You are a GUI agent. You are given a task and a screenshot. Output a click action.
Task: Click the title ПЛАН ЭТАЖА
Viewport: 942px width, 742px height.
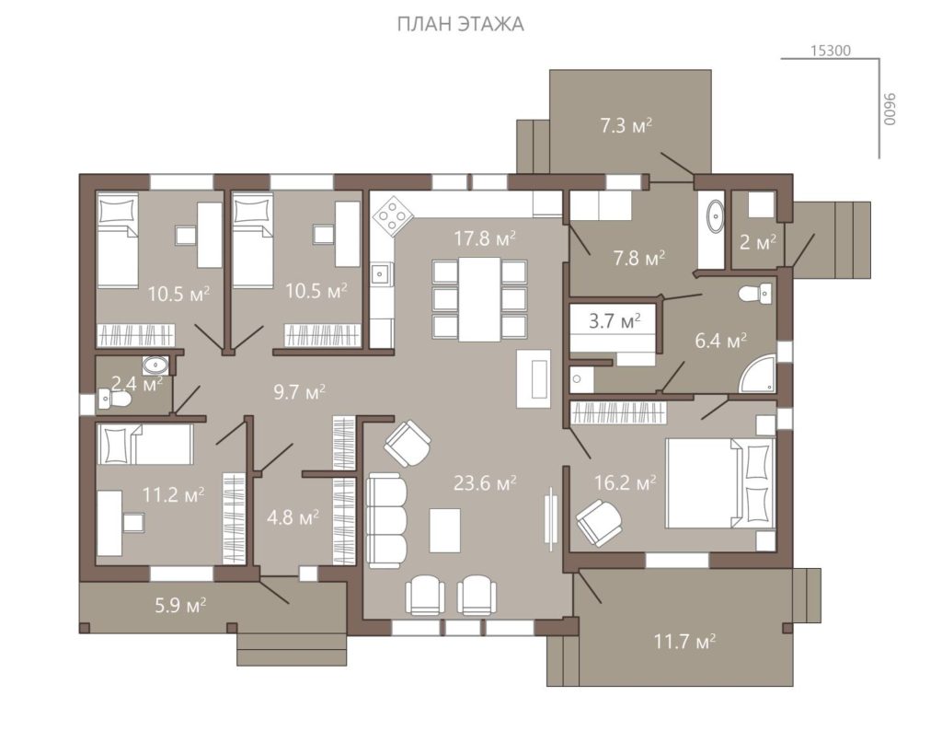(x=460, y=24)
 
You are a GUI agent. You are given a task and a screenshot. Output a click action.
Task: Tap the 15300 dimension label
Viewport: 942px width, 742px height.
(x=831, y=51)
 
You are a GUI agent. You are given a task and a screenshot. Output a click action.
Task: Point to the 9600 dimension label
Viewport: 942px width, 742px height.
(x=890, y=109)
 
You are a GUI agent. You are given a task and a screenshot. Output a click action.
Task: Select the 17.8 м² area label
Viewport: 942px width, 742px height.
(x=485, y=238)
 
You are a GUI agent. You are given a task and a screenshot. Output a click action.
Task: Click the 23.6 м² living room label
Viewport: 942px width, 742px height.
(x=485, y=482)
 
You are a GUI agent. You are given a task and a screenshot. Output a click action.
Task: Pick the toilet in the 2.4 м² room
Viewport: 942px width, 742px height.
(x=115, y=400)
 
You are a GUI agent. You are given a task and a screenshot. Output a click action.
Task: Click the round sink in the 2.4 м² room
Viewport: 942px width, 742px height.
(x=155, y=365)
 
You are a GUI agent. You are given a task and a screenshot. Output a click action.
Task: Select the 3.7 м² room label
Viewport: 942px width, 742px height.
(x=614, y=321)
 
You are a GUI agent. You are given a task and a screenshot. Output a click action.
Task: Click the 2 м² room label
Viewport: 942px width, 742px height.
(x=758, y=242)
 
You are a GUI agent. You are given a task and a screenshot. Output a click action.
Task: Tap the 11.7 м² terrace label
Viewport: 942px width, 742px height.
(x=684, y=642)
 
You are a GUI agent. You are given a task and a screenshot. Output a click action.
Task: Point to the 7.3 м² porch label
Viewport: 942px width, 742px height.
(x=626, y=126)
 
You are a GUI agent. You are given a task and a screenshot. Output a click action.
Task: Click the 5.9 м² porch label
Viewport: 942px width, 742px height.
(x=180, y=605)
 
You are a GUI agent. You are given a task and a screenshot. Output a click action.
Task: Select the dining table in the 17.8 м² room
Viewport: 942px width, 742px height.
(x=479, y=299)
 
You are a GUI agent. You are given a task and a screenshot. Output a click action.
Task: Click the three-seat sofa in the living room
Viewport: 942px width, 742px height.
(x=386, y=520)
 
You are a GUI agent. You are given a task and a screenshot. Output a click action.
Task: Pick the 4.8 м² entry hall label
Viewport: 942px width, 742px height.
(x=293, y=517)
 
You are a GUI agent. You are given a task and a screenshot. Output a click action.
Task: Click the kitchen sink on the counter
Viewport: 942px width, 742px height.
(x=380, y=274)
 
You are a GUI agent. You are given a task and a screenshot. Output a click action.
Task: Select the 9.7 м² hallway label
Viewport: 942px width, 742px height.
(x=299, y=393)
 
